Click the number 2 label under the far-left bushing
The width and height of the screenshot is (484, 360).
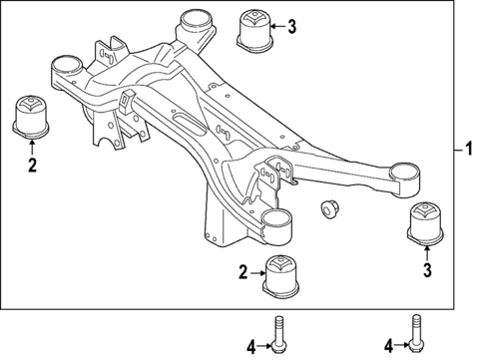31,166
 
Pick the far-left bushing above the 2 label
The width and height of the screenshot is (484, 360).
32,116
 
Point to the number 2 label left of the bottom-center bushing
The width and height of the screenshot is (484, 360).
242,272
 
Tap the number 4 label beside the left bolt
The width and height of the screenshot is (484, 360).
251,348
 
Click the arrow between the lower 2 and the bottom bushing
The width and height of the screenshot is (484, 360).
255,272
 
